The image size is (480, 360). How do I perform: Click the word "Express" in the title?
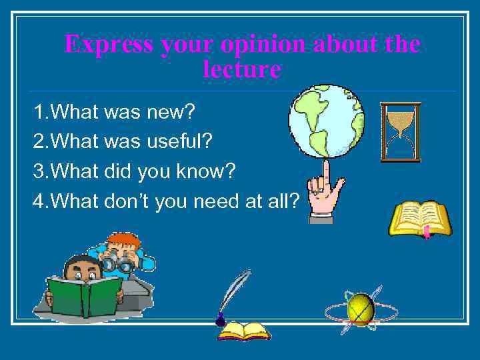point(109,45)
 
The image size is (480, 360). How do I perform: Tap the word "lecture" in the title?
point(241,69)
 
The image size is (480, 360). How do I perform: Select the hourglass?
point(400,132)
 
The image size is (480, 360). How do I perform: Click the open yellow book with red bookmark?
point(420,219)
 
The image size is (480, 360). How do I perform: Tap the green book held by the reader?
point(84,295)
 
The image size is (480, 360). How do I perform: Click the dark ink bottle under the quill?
point(221,321)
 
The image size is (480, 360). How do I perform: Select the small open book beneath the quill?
point(244,331)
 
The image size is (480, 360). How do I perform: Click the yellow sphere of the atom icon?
point(361,309)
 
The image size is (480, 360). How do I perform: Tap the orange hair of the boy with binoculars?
point(125,241)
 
